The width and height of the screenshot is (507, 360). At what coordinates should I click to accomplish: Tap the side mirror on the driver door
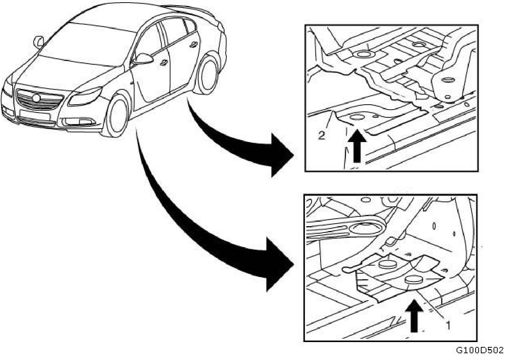click(144, 59)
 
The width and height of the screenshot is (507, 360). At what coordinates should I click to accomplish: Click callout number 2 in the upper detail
click(322, 135)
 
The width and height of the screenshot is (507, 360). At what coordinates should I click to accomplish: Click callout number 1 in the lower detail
click(447, 324)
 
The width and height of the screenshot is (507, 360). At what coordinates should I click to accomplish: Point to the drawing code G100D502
click(480, 351)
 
